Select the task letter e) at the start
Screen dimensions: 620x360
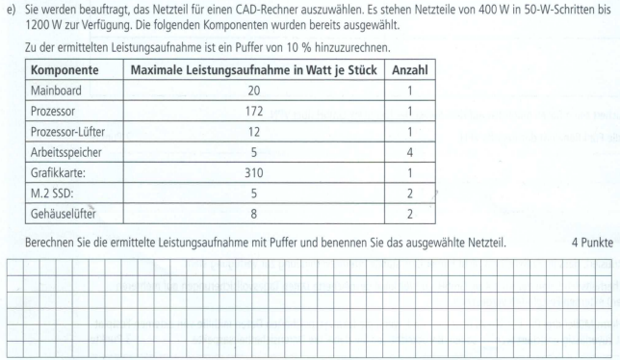[12, 10]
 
